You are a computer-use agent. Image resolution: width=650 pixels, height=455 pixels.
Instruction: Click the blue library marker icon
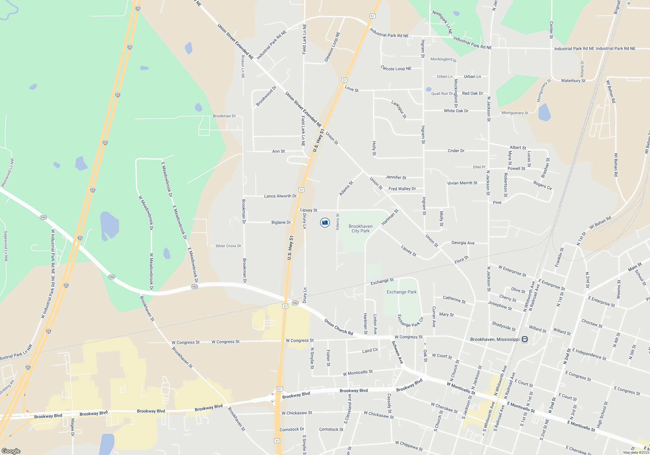click(x=325, y=223)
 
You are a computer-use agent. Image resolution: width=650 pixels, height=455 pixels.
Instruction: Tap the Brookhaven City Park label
click(x=360, y=228)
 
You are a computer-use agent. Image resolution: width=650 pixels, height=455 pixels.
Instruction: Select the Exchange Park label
click(x=401, y=292)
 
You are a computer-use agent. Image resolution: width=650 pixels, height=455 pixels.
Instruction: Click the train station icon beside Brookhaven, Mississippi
click(x=524, y=339)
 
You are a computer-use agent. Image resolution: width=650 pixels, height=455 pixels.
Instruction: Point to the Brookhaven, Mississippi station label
click(x=495, y=339)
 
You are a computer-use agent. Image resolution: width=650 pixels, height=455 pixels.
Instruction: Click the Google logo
click(x=11, y=451)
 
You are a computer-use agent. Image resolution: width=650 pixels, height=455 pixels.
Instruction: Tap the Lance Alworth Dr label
click(x=280, y=196)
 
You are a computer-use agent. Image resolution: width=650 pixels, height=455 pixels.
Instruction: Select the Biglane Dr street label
click(x=281, y=222)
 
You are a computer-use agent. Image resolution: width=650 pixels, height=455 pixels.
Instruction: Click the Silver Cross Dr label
click(x=228, y=246)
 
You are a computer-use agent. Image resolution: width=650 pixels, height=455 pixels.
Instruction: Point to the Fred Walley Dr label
click(x=402, y=188)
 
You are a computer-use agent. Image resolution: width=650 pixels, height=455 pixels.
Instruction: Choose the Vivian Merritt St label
click(x=462, y=183)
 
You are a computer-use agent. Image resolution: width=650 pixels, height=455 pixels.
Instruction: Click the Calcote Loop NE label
click(x=396, y=68)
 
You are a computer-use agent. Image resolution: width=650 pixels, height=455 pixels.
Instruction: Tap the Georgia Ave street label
click(x=463, y=243)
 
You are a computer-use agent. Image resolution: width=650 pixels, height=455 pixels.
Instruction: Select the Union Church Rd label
click(x=338, y=327)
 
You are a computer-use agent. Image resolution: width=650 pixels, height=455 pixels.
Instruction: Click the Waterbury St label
click(x=573, y=81)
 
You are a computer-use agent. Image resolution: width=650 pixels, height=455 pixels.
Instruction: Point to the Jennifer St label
click(x=396, y=177)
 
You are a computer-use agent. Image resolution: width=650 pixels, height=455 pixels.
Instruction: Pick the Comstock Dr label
click(x=292, y=429)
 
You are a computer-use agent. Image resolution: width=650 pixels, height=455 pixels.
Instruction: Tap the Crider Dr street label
click(x=456, y=151)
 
